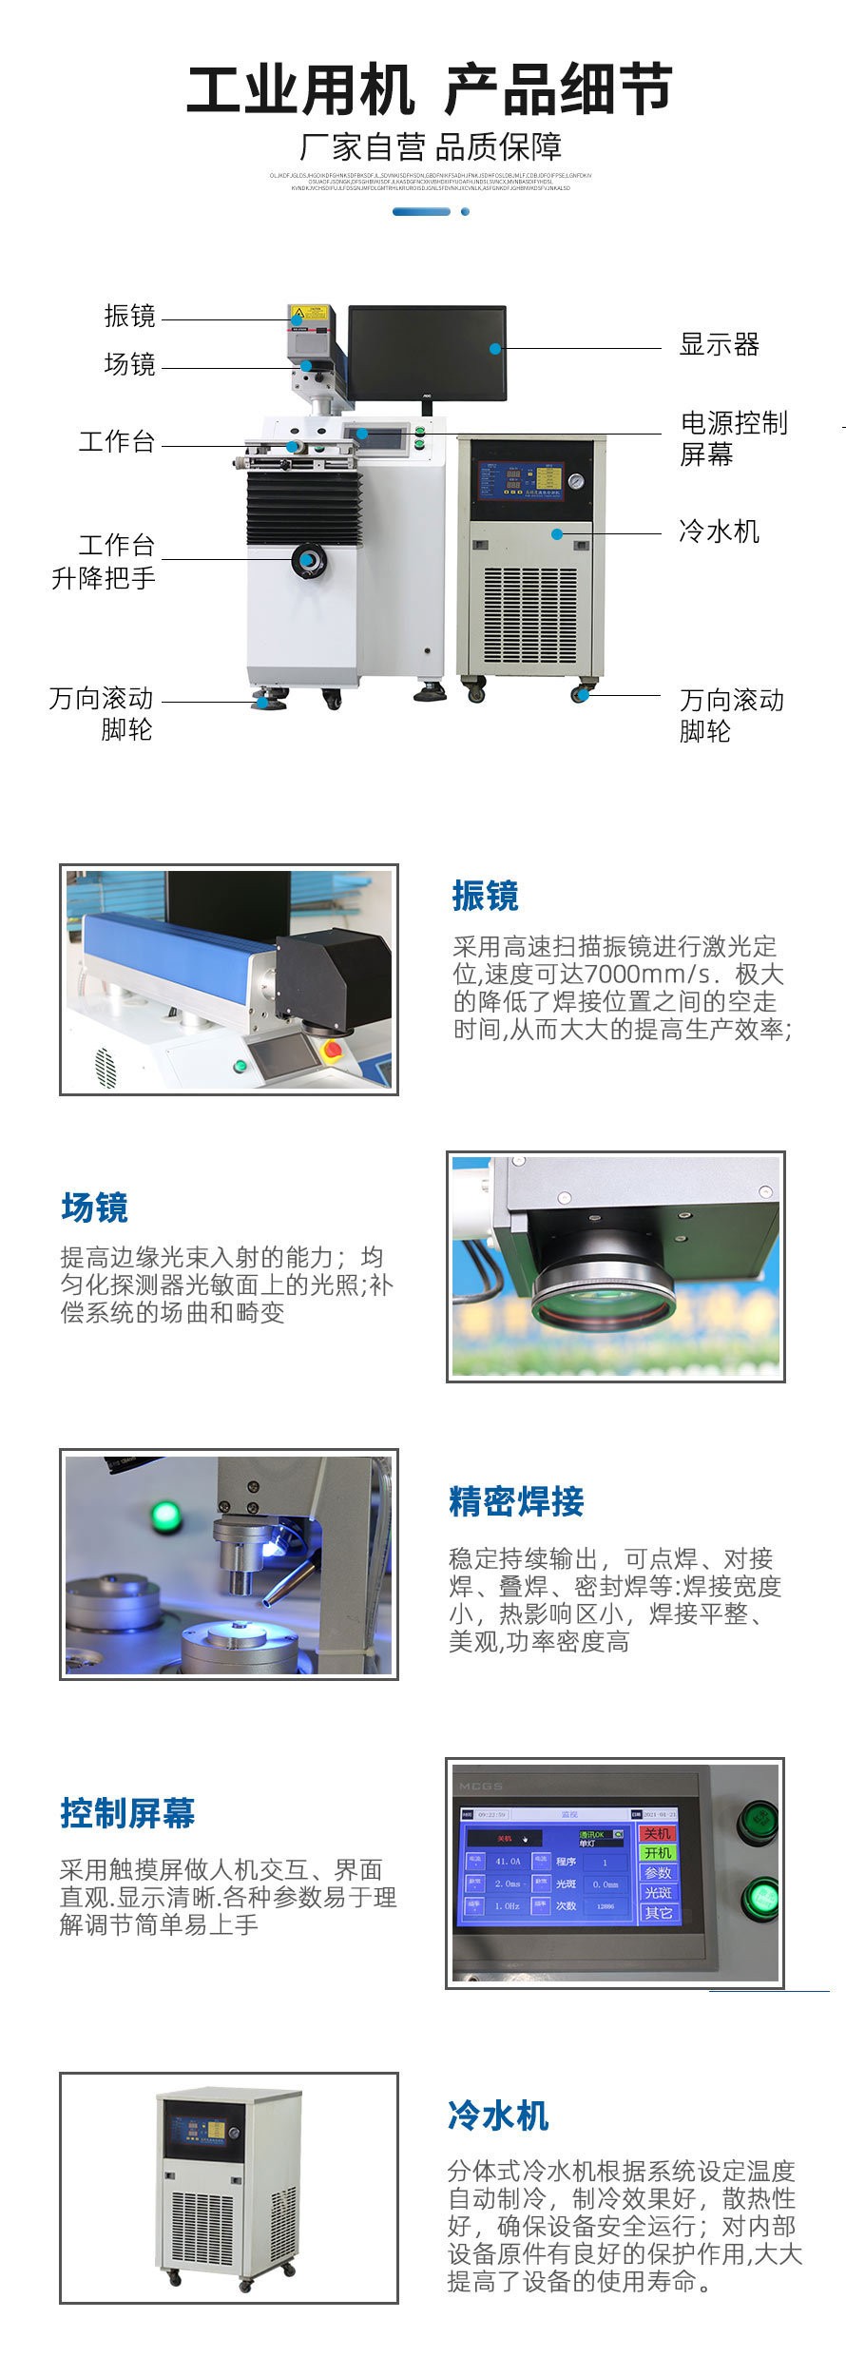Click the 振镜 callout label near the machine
click(x=129, y=316)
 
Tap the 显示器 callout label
click(x=719, y=344)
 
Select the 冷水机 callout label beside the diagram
click(x=719, y=531)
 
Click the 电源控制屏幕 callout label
click(x=733, y=438)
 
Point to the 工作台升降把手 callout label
click(x=104, y=561)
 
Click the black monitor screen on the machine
click(x=427, y=353)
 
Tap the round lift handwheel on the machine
click(x=309, y=560)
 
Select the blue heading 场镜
click(x=94, y=1207)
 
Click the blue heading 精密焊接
click(x=515, y=1502)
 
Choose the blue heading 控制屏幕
click(x=127, y=1813)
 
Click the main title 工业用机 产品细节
click(x=429, y=90)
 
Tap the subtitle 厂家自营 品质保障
click(x=430, y=147)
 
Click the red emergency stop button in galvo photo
click(x=333, y=1050)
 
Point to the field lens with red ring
click(x=603, y=1299)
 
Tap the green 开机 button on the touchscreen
click(x=658, y=1852)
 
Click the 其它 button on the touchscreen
click(x=658, y=1912)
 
